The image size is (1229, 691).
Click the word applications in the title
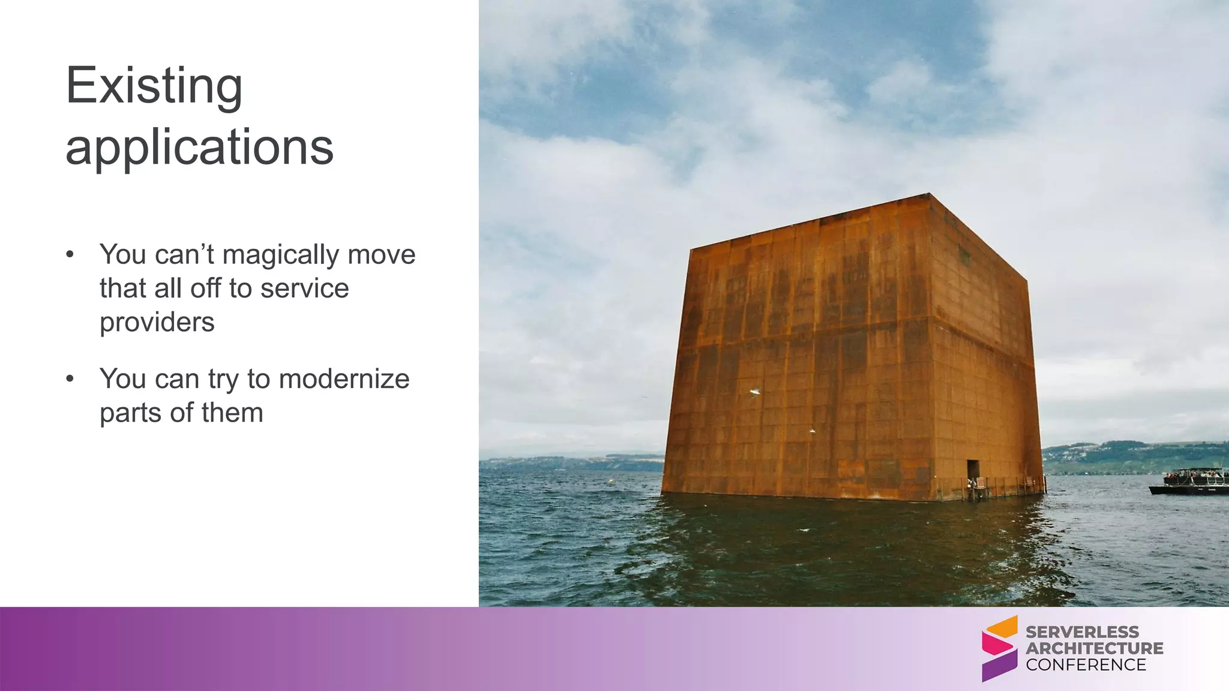[x=199, y=148]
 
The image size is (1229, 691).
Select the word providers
[x=157, y=322]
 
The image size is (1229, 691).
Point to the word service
[x=305, y=289]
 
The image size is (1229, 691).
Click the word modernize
[x=344, y=379]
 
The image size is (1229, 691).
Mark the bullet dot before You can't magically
[x=70, y=254]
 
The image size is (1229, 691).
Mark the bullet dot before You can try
[x=70, y=378]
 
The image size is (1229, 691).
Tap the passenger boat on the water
[x=1189, y=482]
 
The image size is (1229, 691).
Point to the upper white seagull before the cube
[x=755, y=392]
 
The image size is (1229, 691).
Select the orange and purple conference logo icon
[x=999, y=648]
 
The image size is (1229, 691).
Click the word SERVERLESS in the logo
[x=1082, y=632]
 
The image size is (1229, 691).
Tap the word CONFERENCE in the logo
[x=1086, y=665]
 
